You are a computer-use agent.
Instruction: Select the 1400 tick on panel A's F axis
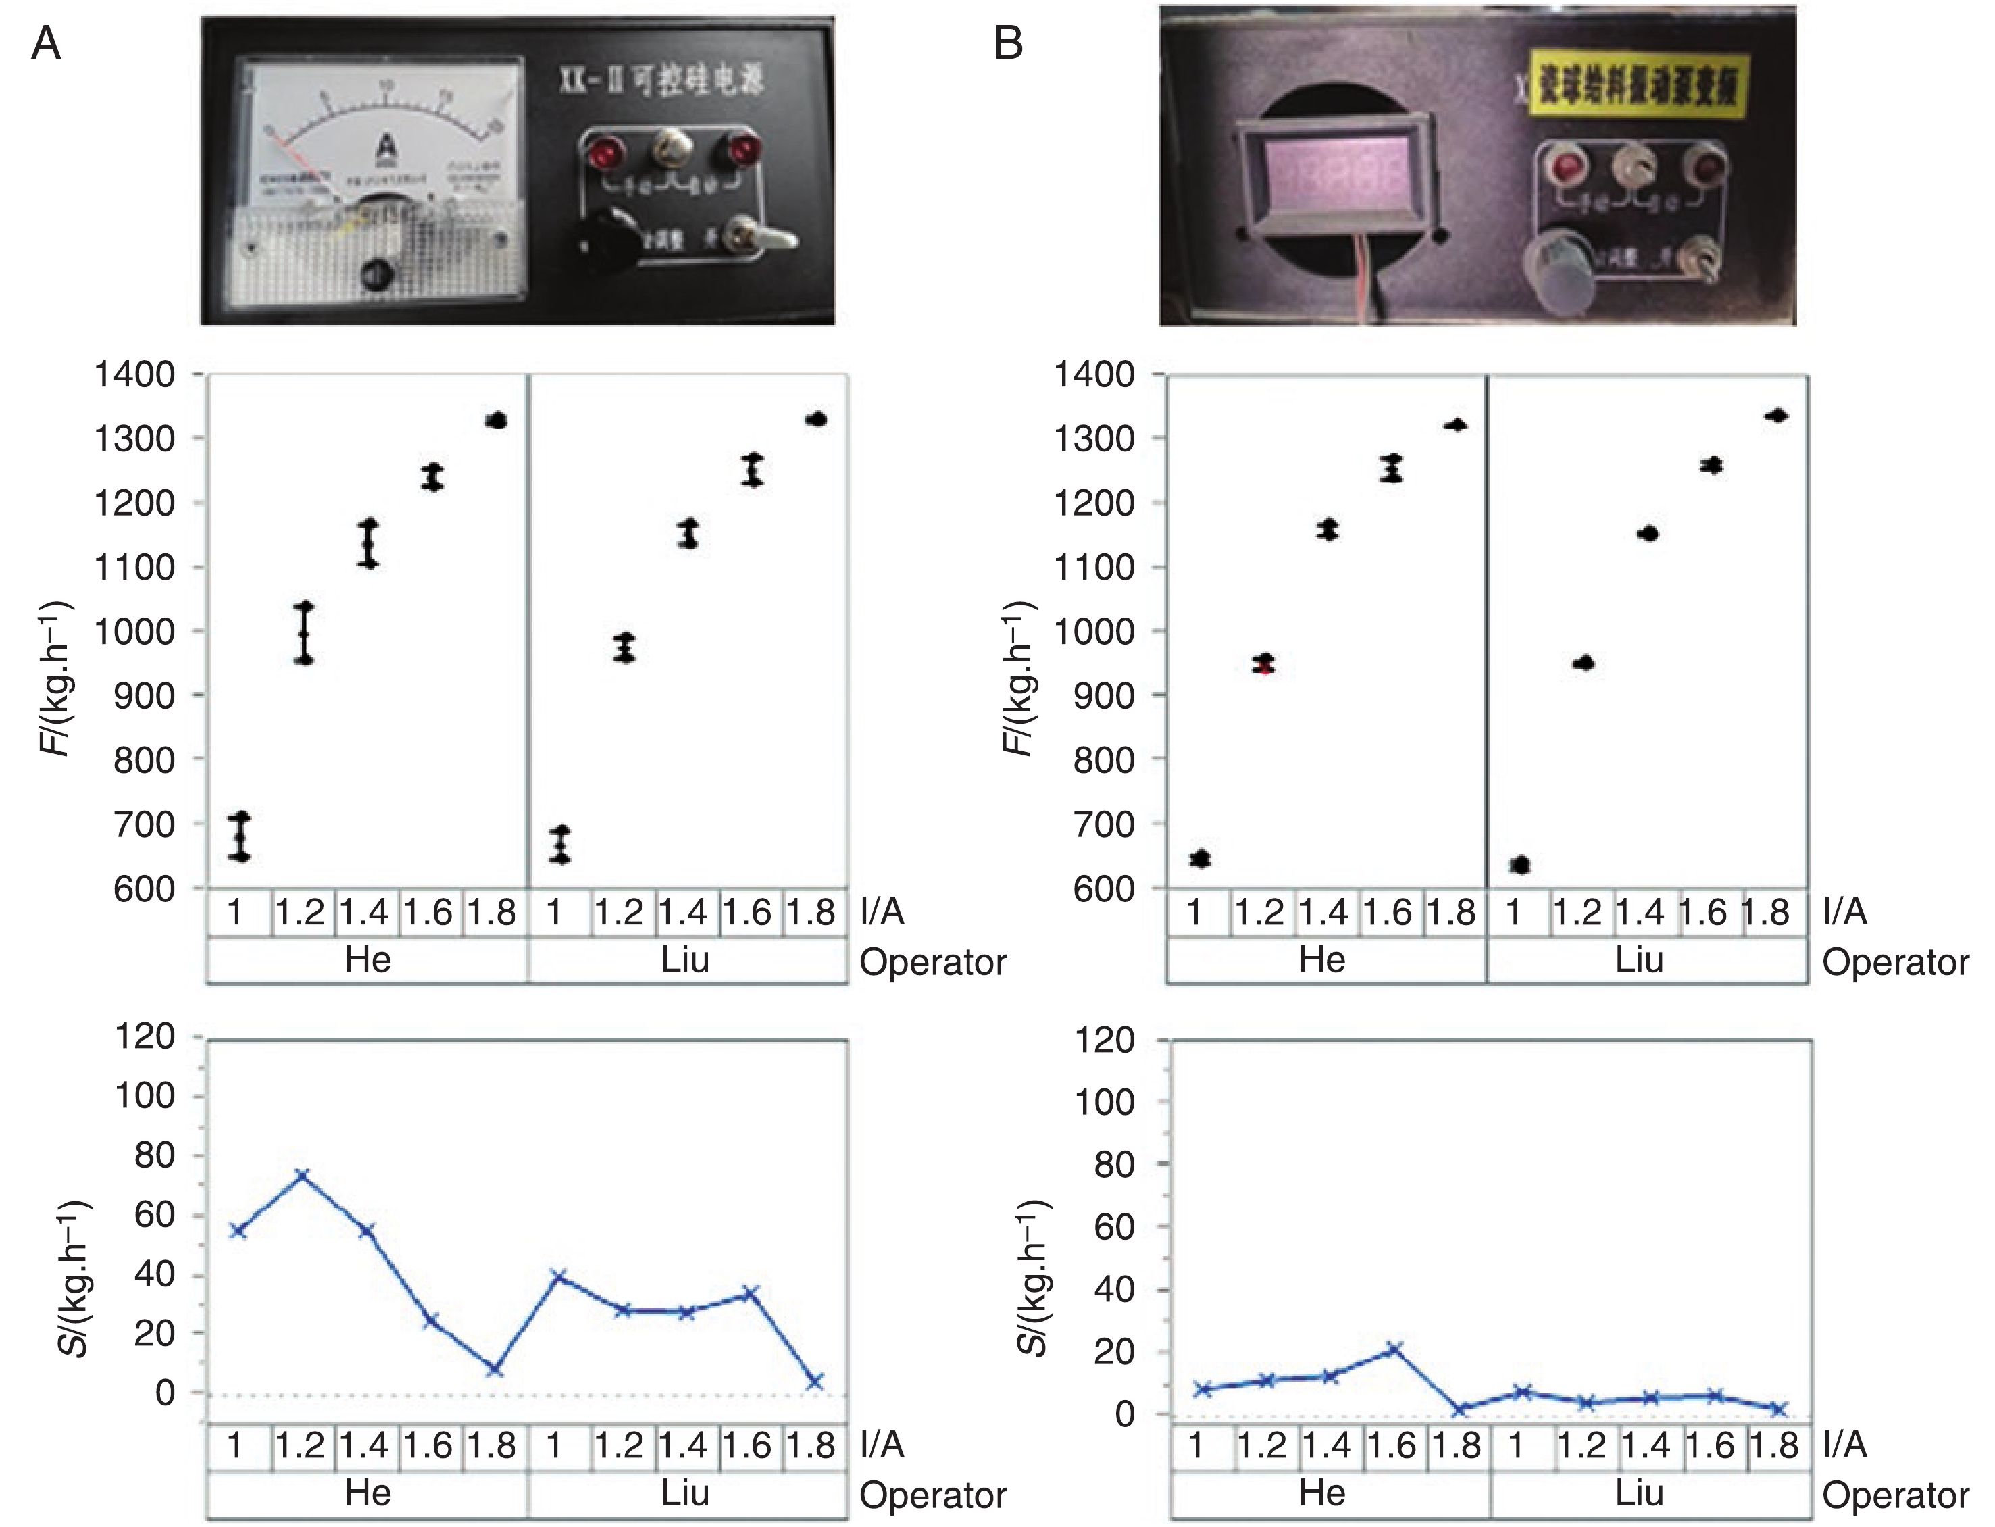coord(136,374)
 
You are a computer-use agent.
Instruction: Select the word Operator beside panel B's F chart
coord(1895,963)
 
